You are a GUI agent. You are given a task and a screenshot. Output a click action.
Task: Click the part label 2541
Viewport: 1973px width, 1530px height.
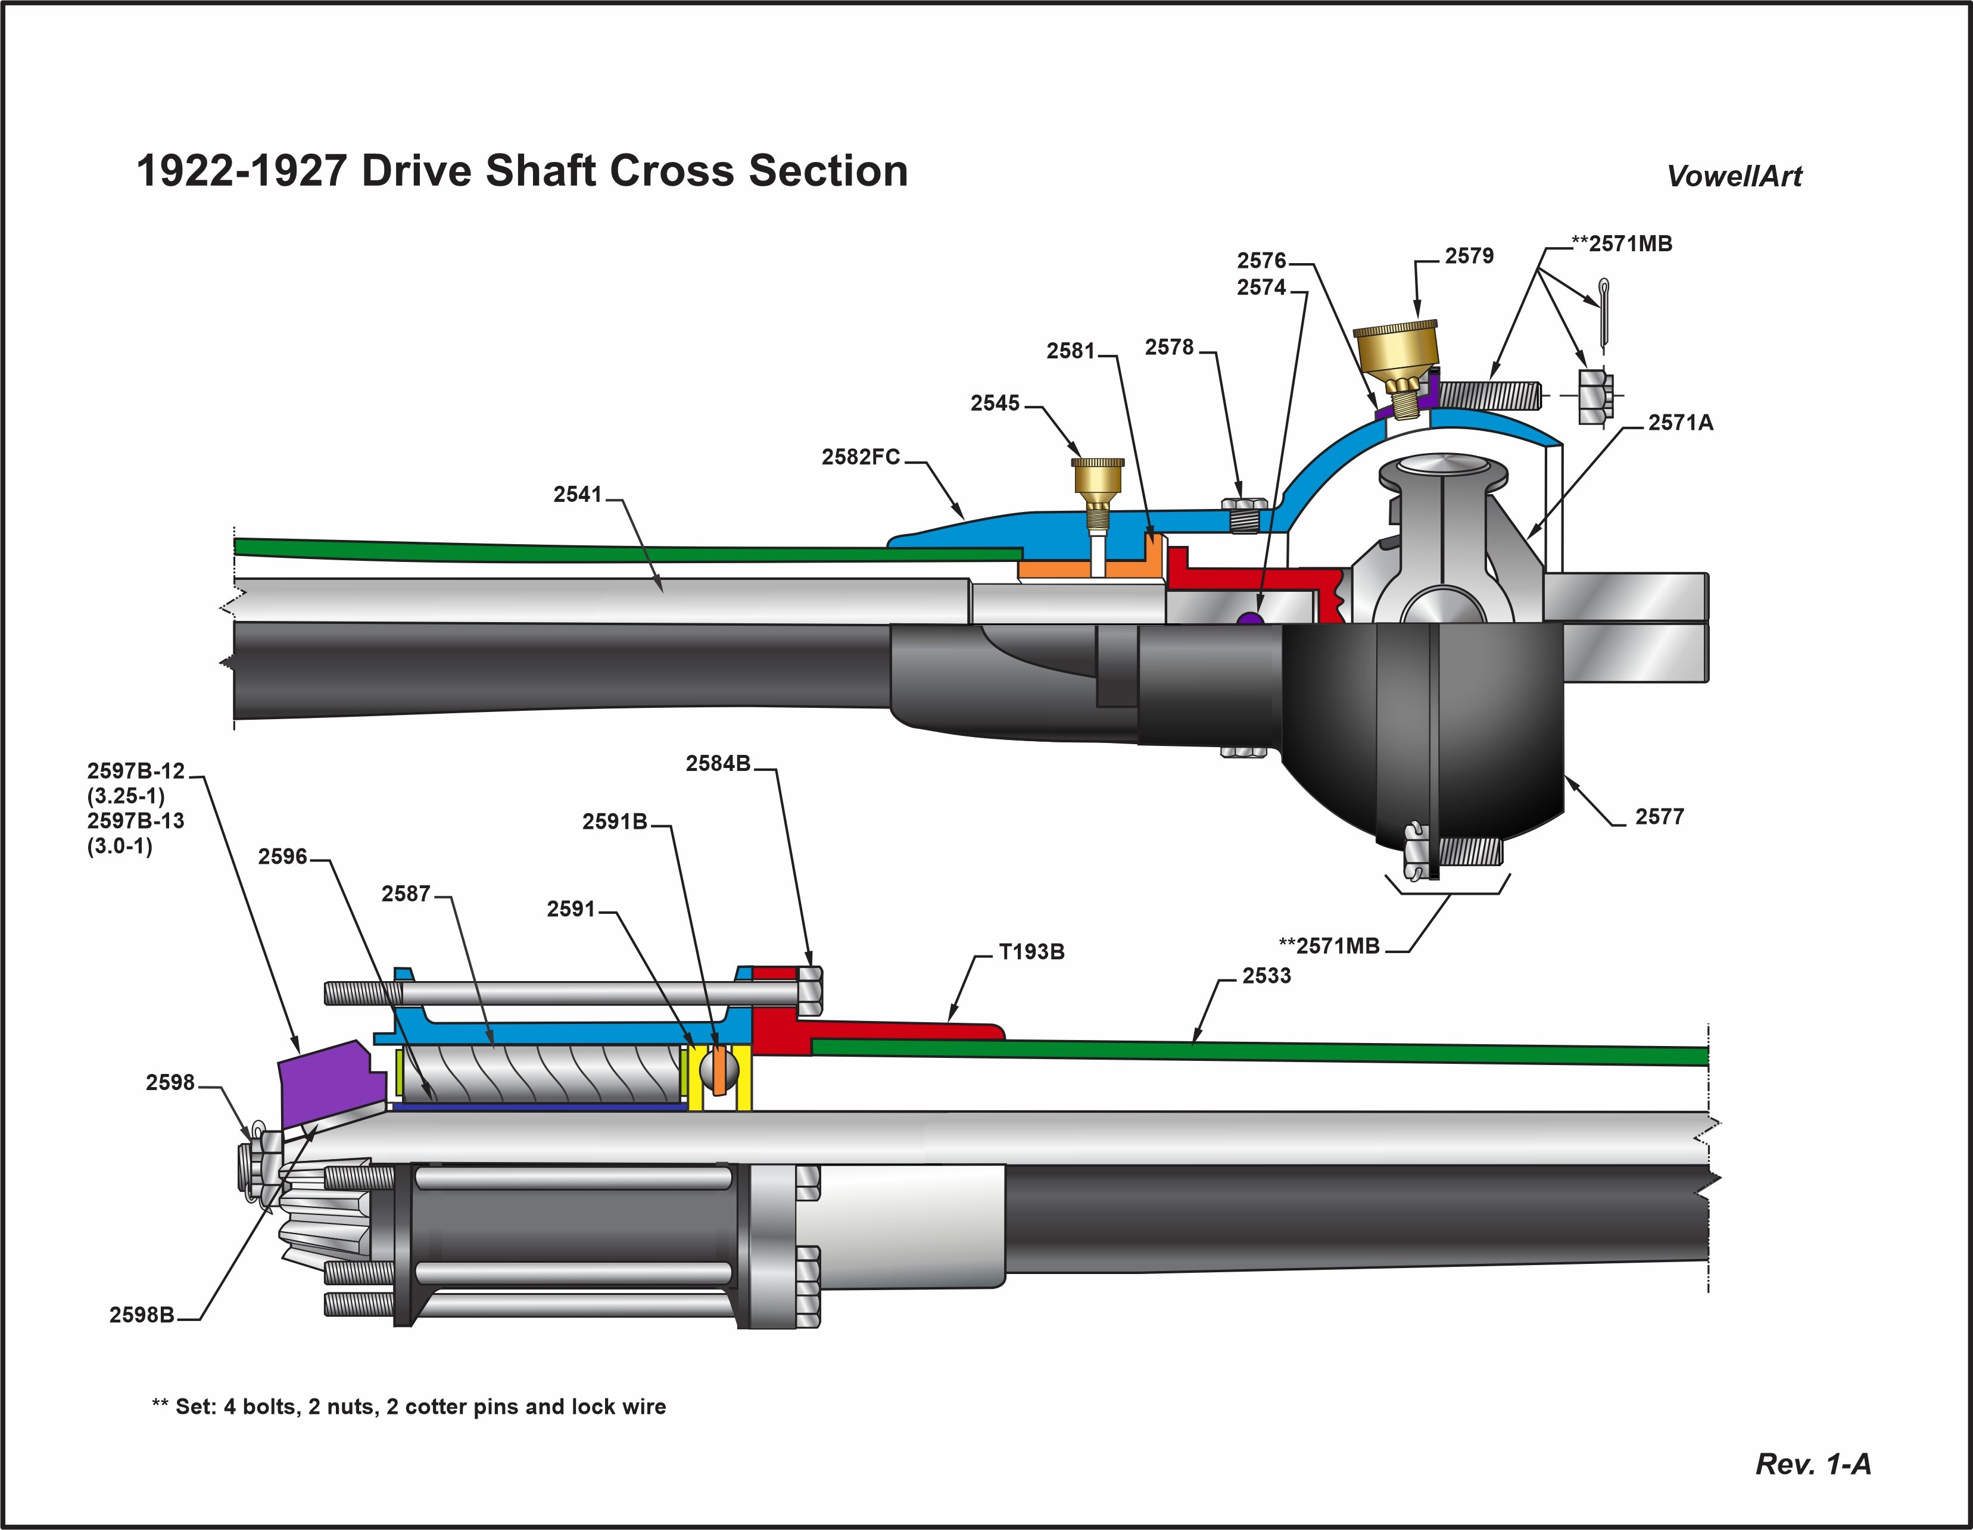576,494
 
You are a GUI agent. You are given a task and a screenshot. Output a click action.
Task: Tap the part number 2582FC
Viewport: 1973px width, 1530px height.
860,457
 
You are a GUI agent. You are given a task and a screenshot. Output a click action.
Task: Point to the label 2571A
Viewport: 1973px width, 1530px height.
1681,423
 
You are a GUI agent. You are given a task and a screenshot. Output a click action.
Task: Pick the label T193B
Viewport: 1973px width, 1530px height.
1031,952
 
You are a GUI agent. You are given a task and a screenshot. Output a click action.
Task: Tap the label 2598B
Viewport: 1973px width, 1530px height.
142,1315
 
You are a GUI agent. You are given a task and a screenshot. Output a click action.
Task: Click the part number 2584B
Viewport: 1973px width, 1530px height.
718,763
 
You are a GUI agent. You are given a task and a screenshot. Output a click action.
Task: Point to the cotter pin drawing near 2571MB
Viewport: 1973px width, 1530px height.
1604,311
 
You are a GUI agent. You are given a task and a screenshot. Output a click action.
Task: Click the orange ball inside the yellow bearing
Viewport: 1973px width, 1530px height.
719,1070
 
